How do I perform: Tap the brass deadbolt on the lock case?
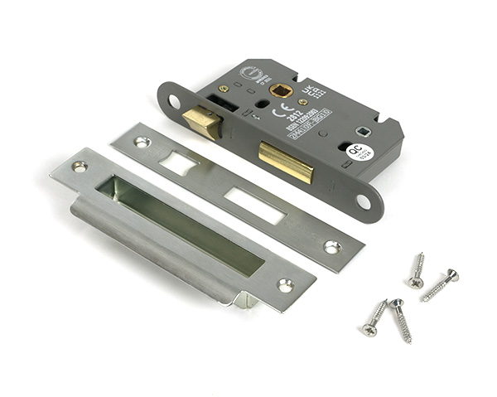287,161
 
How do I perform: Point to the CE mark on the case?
278,109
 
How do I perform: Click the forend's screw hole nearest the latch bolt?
174,102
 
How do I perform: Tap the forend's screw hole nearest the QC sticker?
363,201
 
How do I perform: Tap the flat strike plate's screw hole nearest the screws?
331,246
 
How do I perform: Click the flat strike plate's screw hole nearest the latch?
142,142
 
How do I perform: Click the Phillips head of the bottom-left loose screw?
369,330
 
